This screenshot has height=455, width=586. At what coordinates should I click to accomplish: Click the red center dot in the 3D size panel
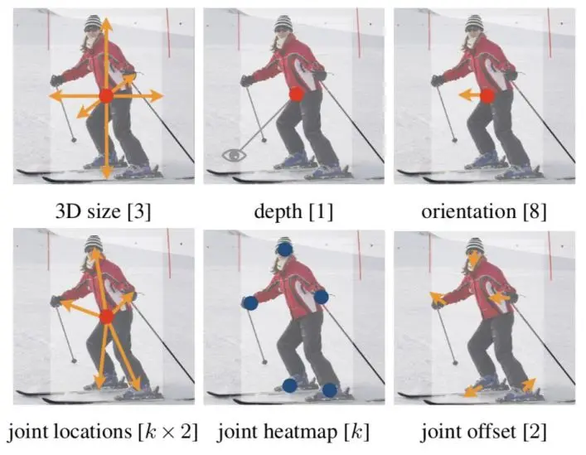pyautogui.click(x=105, y=97)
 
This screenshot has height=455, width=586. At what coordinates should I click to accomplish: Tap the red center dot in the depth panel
pyautogui.click(x=296, y=95)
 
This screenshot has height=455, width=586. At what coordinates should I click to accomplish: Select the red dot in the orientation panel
pyautogui.click(x=487, y=96)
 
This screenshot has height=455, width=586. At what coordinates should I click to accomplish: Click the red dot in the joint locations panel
pyautogui.click(x=105, y=317)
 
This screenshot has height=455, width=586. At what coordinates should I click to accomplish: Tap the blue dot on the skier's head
pyautogui.click(x=284, y=247)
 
